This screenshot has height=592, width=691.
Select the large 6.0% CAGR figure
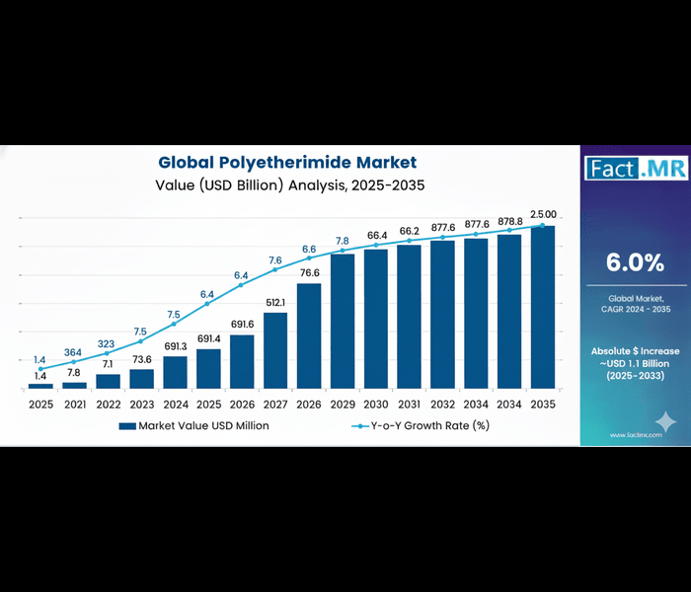coord(635,262)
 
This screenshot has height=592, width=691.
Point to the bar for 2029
coord(343,321)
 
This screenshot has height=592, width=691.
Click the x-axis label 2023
coord(141,405)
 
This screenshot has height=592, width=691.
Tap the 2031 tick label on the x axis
coord(410,405)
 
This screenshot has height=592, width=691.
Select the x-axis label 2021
coord(74,405)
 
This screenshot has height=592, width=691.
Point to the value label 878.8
coord(508,222)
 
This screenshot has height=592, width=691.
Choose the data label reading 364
coord(74,352)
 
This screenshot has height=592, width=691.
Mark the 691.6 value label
coord(242,324)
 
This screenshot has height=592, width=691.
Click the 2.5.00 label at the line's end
coord(543,214)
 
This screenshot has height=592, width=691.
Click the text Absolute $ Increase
coord(635,351)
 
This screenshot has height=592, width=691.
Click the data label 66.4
coord(376,235)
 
